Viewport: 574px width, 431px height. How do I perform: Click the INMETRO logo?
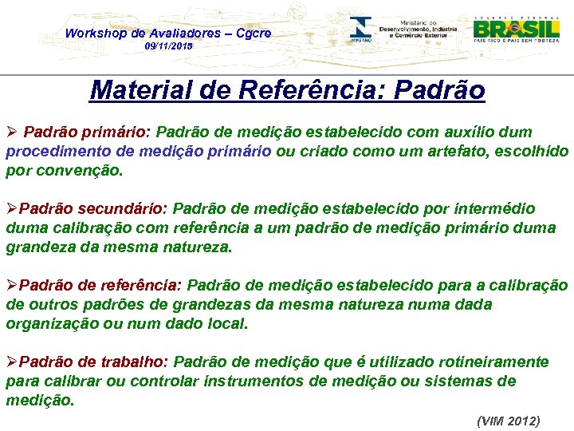360,31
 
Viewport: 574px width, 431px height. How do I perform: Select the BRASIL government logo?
516,28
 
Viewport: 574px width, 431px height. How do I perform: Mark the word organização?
50,323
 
